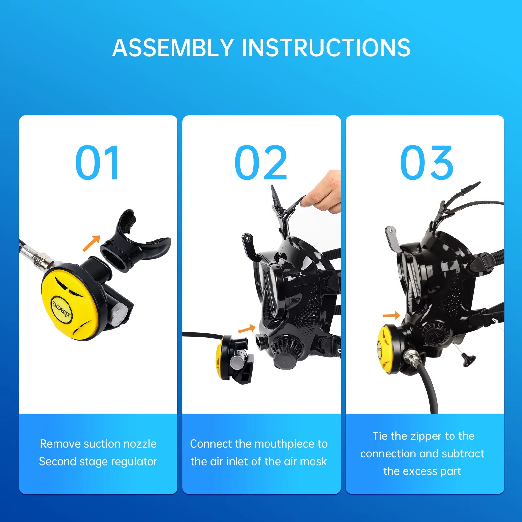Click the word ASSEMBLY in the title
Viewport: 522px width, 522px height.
coord(173,48)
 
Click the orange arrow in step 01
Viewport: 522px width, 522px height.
coord(92,243)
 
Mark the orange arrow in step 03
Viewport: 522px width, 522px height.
coord(391,315)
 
